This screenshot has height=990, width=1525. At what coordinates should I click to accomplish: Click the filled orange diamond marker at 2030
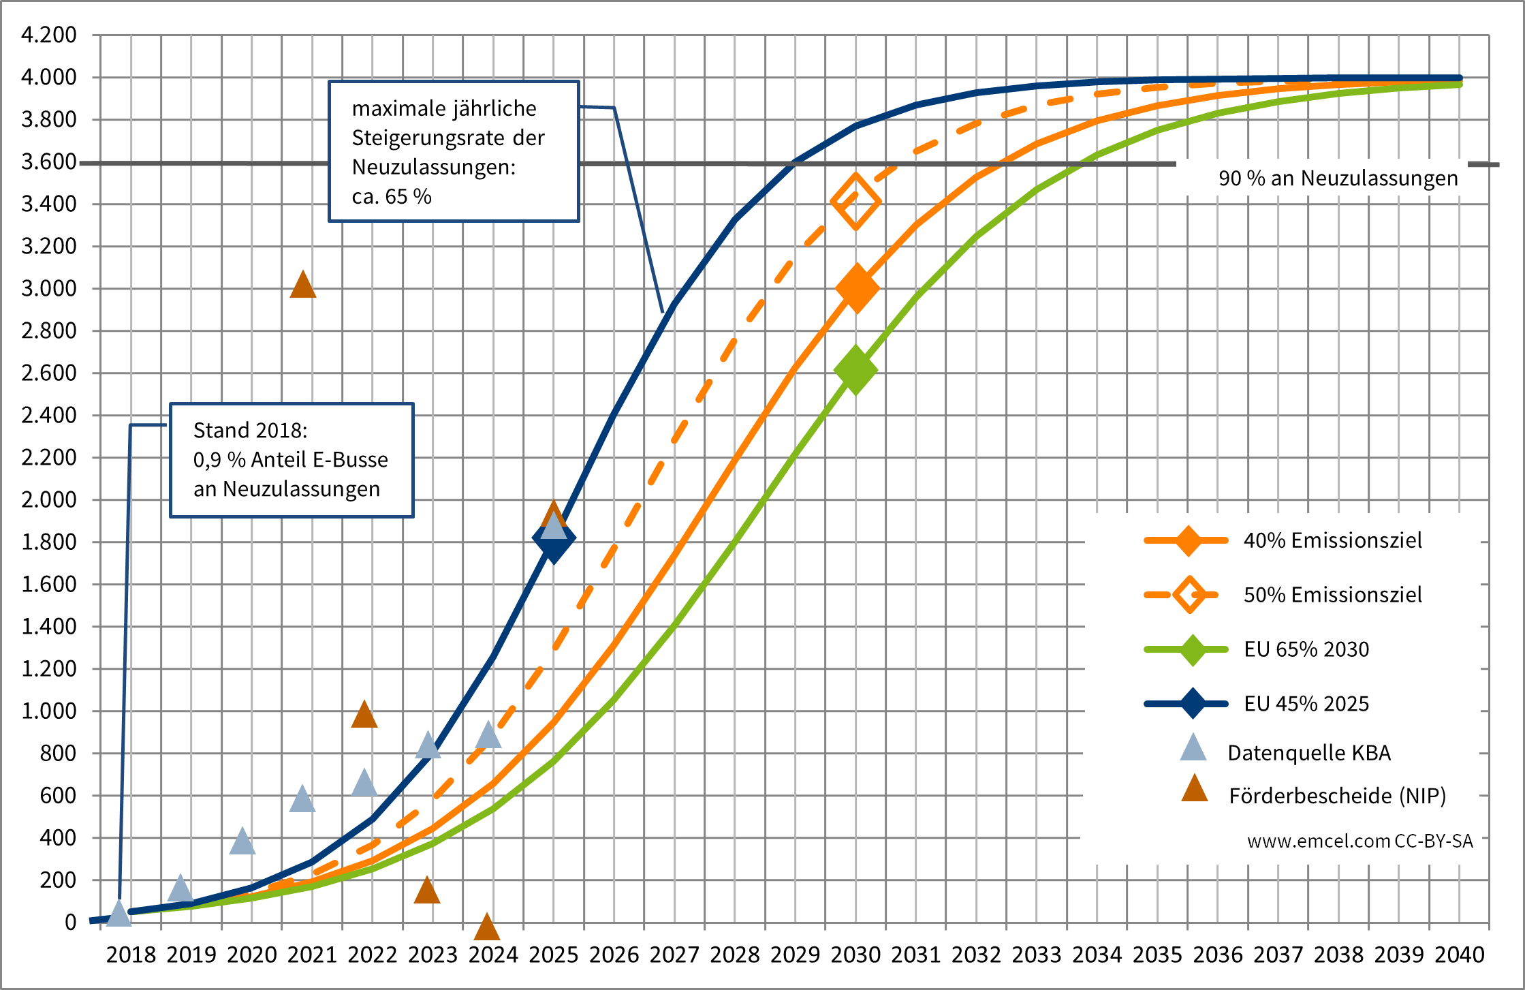click(856, 288)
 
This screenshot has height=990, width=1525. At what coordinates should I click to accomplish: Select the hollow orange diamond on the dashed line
click(856, 201)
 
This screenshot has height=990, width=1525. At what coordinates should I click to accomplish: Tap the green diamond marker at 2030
click(855, 370)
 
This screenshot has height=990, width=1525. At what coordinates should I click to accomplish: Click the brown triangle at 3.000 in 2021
click(303, 285)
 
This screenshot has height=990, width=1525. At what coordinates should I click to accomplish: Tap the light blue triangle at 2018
click(119, 914)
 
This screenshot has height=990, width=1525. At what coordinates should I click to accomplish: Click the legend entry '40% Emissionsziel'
click(1332, 540)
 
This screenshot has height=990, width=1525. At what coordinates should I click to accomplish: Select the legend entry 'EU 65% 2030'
click(1306, 649)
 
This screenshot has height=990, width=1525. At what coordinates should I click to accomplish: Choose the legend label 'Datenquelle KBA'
click(1308, 753)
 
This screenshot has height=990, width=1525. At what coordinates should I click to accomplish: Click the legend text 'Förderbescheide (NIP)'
click(1337, 796)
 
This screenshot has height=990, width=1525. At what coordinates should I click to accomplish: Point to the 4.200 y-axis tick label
click(49, 34)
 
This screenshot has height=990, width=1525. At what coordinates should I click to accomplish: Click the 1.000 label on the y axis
click(49, 711)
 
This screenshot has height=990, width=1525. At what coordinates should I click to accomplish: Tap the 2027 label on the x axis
click(674, 955)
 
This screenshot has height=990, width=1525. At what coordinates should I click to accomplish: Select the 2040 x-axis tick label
click(1460, 955)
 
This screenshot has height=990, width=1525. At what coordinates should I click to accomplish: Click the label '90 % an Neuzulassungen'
click(1338, 179)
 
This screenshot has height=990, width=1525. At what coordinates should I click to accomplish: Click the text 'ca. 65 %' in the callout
click(392, 197)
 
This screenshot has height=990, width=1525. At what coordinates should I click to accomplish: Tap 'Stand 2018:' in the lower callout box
click(250, 431)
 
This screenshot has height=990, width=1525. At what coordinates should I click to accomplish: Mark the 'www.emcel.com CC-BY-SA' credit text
click(1359, 841)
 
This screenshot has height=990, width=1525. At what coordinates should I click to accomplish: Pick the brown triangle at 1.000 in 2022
click(364, 715)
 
